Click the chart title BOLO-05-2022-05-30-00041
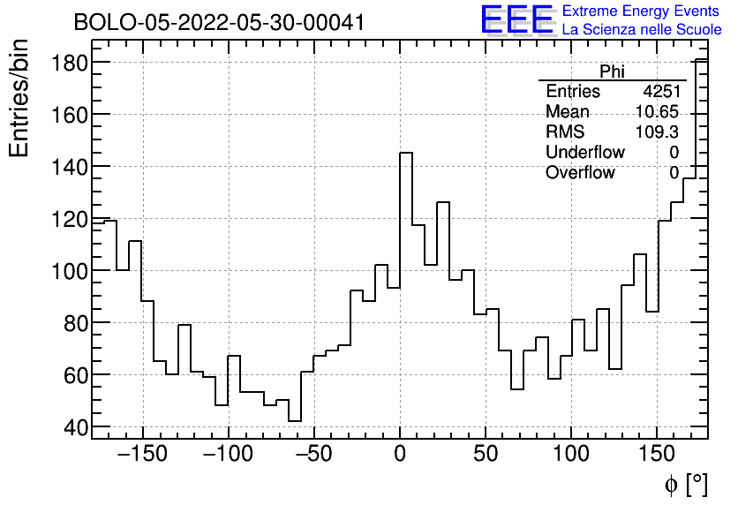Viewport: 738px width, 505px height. (x=219, y=23)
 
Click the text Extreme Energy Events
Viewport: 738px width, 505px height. (x=642, y=11)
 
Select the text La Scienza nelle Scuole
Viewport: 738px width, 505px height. (x=642, y=30)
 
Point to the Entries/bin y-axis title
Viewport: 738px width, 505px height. (x=19, y=98)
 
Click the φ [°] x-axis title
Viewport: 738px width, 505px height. (x=685, y=484)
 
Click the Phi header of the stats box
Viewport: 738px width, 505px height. (x=612, y=72)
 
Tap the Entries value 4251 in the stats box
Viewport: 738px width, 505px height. (x=661, y=92)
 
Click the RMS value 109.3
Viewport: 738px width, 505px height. (x=657, y=132)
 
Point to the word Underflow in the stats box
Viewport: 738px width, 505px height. (x=584, y=152)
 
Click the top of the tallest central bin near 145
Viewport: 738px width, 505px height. (x=406, y=153)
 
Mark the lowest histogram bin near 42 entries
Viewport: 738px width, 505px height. (x=295, y=420)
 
